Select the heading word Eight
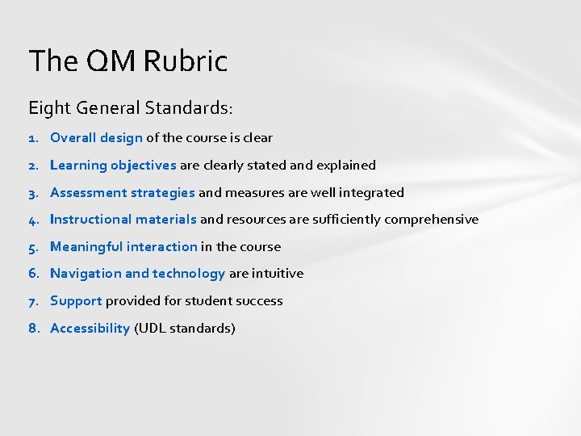click(x=48, y=107)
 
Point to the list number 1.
click(x=34, y=138)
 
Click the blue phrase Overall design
click(x=96, y=138)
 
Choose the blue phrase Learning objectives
click(x=113, y=166)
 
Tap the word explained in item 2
click(x=346, y=166)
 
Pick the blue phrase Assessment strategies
click(x=123, y=192)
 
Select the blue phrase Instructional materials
click(x=123, y=220)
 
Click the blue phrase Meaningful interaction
click(x=123, y=247)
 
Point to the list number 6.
click(x=34, y=274)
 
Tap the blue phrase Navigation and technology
click(x=137, y=274)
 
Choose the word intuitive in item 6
click(x=278, y=274)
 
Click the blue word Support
click(x=76, y=301)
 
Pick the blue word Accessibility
click(x=90, y=329)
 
